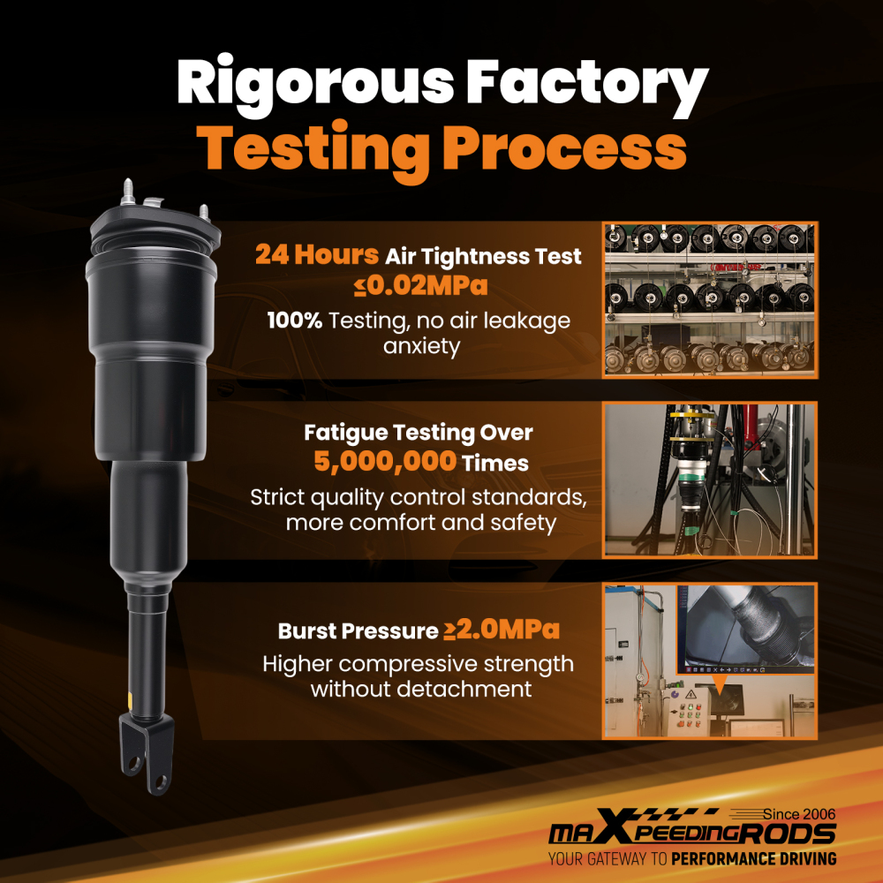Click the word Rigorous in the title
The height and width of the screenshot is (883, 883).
[x=315, y=84]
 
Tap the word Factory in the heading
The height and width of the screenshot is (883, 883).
[x=587, y=84]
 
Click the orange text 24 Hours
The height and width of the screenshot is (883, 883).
[x=316, y=254]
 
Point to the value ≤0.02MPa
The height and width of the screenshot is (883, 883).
[x=420, y=285]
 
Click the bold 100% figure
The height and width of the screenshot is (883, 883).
[x=295, y=321]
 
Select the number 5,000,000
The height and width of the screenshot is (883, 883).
[x=385, y=461]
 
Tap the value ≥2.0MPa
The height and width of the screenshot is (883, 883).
[x=502, y=629]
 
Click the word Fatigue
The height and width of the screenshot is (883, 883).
[x=345, y=433]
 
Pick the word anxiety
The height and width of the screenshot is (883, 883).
[x=421, y=346]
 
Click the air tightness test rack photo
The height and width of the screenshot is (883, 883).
[x=710, y=299]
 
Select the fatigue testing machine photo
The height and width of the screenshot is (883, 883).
[x=710, y=479]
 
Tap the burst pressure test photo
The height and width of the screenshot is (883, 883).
[x=710, y=660]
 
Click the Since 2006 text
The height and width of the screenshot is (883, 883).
[x=799, y=814]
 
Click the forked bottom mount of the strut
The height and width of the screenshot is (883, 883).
[x=146, y=752]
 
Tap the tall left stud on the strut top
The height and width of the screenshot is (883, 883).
[x=127, y=192]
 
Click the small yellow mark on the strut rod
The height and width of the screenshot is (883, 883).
[x=131, y=700]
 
